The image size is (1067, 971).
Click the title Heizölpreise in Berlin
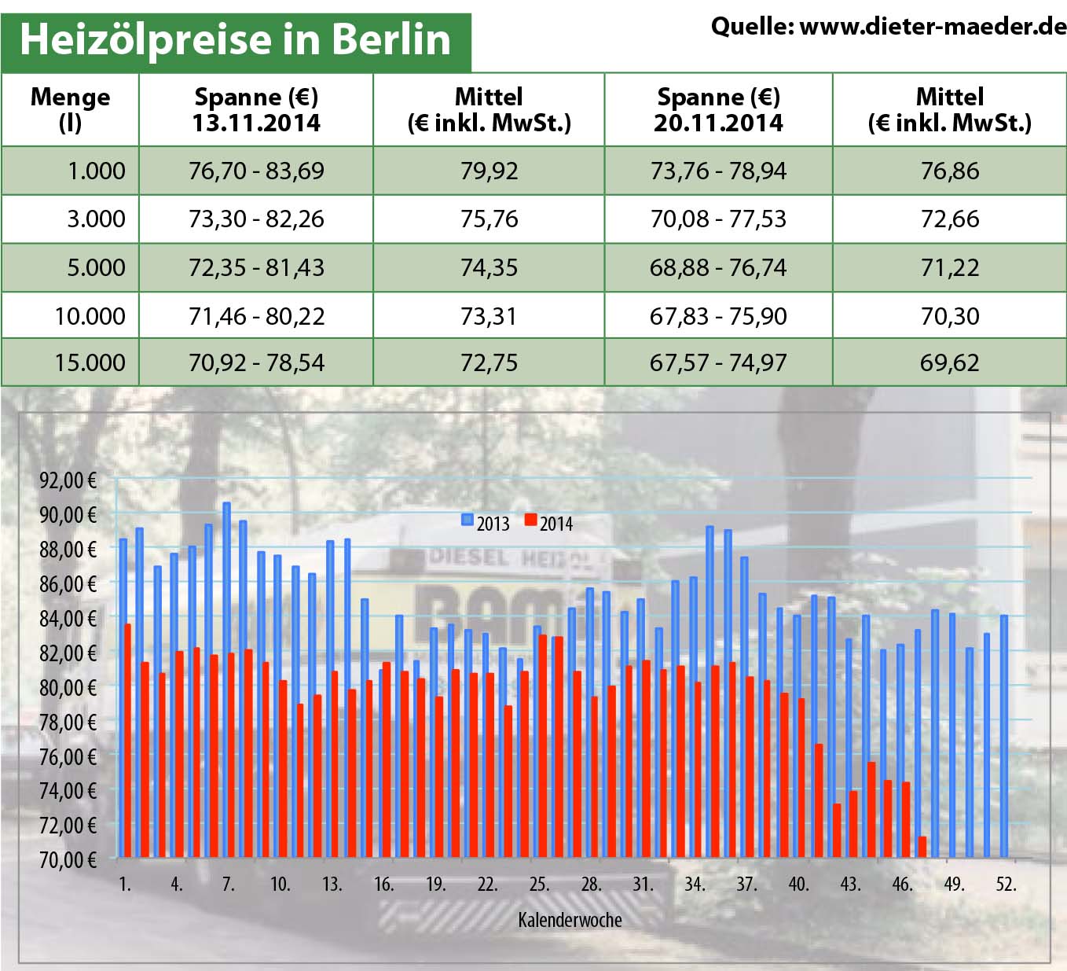click(235, 39)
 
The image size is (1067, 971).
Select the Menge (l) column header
click(70, 109)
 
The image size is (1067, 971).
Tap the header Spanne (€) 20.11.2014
click(718, 109)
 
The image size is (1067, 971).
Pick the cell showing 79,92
click(489, 171)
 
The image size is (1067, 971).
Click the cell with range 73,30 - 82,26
click(256, 219)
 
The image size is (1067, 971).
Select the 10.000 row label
click(90, 316)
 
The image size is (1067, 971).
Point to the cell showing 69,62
click(949, 362)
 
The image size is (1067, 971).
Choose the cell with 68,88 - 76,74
click(718, 267)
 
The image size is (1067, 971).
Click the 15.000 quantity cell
click(90, 362)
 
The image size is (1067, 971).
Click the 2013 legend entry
click(486, 523)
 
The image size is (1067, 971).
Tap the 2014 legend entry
click(548, 523)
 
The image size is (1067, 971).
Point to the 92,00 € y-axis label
click(68, 480)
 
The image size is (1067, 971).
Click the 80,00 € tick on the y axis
click(68, 687)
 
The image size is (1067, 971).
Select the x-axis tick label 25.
click(539, 885)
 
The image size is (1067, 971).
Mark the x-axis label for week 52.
click(1006, 885)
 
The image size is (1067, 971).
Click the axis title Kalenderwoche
click(570, 920)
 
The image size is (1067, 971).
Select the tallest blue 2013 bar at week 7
click(226, 676)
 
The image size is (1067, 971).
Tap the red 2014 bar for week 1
click(128, 739)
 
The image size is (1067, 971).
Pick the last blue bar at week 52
click(1004, 735)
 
